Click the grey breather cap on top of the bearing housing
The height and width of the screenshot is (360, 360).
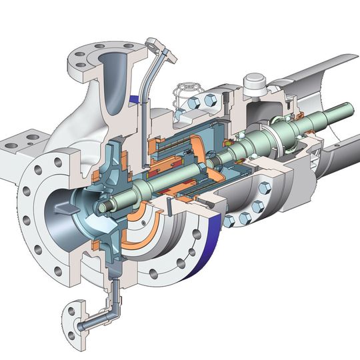255,83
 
